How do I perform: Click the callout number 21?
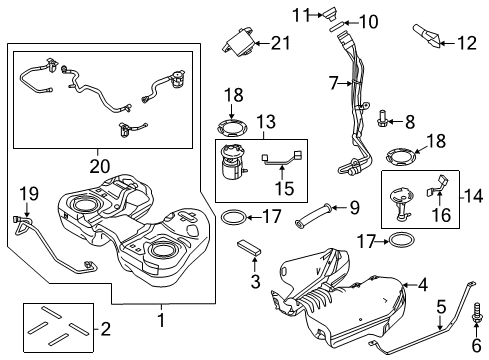coord(281,43)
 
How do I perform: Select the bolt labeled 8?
coord(382,119)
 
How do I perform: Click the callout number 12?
coord(467,43)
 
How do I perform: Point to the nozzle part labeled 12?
coord(428,36)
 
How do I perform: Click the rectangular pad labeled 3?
coord(249,249)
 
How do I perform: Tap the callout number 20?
coord(100,166)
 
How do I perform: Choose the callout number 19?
coord(29,194)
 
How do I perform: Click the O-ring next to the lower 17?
coord(402,240)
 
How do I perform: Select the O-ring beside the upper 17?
coord(235,217)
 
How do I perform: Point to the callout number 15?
coord(285,188)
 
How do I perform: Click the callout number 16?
coord(441,215)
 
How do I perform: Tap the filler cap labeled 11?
coord(329,14)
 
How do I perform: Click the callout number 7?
coord(334,83)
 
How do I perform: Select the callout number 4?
coord(423,285)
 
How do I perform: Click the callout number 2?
coord(105,329)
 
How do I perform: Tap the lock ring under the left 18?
coord(232,127)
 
